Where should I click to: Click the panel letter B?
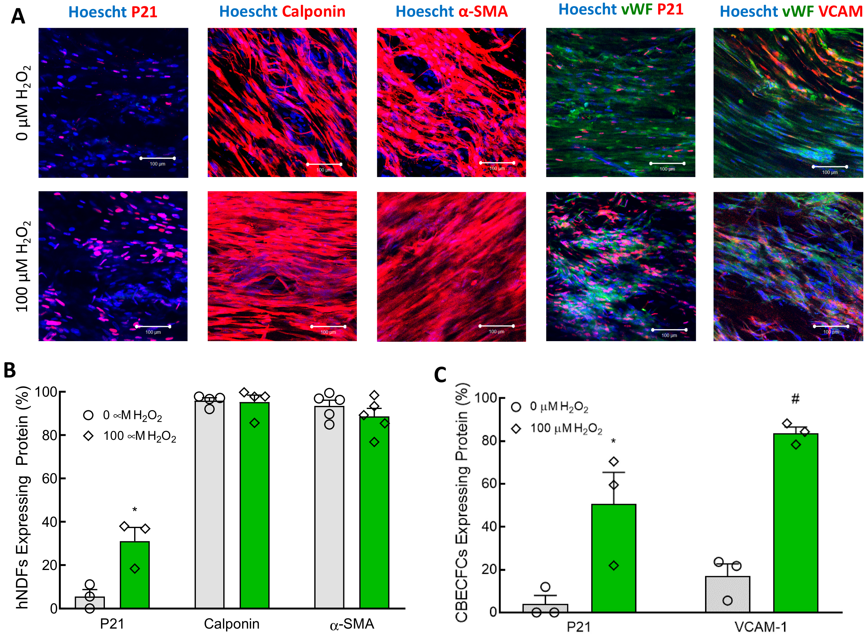[10, 370]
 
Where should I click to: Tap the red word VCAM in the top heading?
[840, 11]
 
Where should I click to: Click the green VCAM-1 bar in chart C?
[795, 524]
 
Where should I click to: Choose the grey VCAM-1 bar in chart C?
[727, 595]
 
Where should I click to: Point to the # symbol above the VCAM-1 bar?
[795, 399]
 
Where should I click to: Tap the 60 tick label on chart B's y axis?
[49, 478]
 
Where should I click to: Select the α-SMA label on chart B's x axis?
[352, 624]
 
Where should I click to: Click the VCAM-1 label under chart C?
[761, 627]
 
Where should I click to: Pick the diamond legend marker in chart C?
[516, 429]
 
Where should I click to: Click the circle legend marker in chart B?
[88, 415]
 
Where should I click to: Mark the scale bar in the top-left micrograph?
[158, 158]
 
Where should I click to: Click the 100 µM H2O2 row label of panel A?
[22, 266]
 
